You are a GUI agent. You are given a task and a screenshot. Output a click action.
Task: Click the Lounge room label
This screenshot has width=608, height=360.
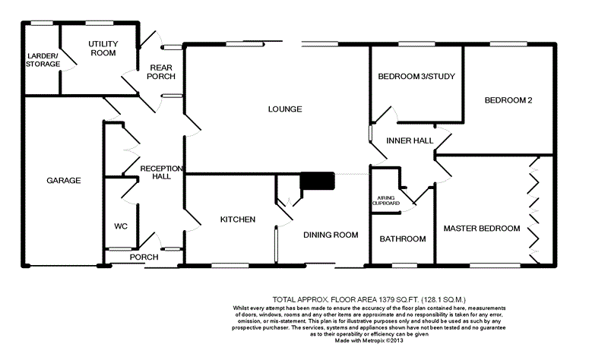coord(285,109)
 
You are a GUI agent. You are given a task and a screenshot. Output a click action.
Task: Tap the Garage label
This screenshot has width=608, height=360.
coord(64,180)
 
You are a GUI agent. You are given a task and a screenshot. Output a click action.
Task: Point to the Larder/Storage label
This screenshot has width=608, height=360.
coord(43,60)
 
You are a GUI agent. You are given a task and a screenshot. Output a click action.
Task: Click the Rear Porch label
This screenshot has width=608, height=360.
coord(163,72)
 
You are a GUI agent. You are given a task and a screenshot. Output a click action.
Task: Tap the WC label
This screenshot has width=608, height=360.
coord(120,226)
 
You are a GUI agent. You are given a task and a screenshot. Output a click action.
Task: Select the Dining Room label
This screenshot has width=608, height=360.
coord(331,235)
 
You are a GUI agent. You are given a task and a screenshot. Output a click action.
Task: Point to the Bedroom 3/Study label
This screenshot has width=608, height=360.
coord(416,77)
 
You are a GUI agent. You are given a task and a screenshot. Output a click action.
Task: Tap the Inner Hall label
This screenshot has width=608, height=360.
coord(410,141)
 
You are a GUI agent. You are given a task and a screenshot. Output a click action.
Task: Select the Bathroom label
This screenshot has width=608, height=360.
coord(403,239)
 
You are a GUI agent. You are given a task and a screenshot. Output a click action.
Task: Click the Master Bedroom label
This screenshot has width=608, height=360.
coord(482,229)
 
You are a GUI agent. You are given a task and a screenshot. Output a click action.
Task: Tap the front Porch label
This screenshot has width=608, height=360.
coord(144,257)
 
